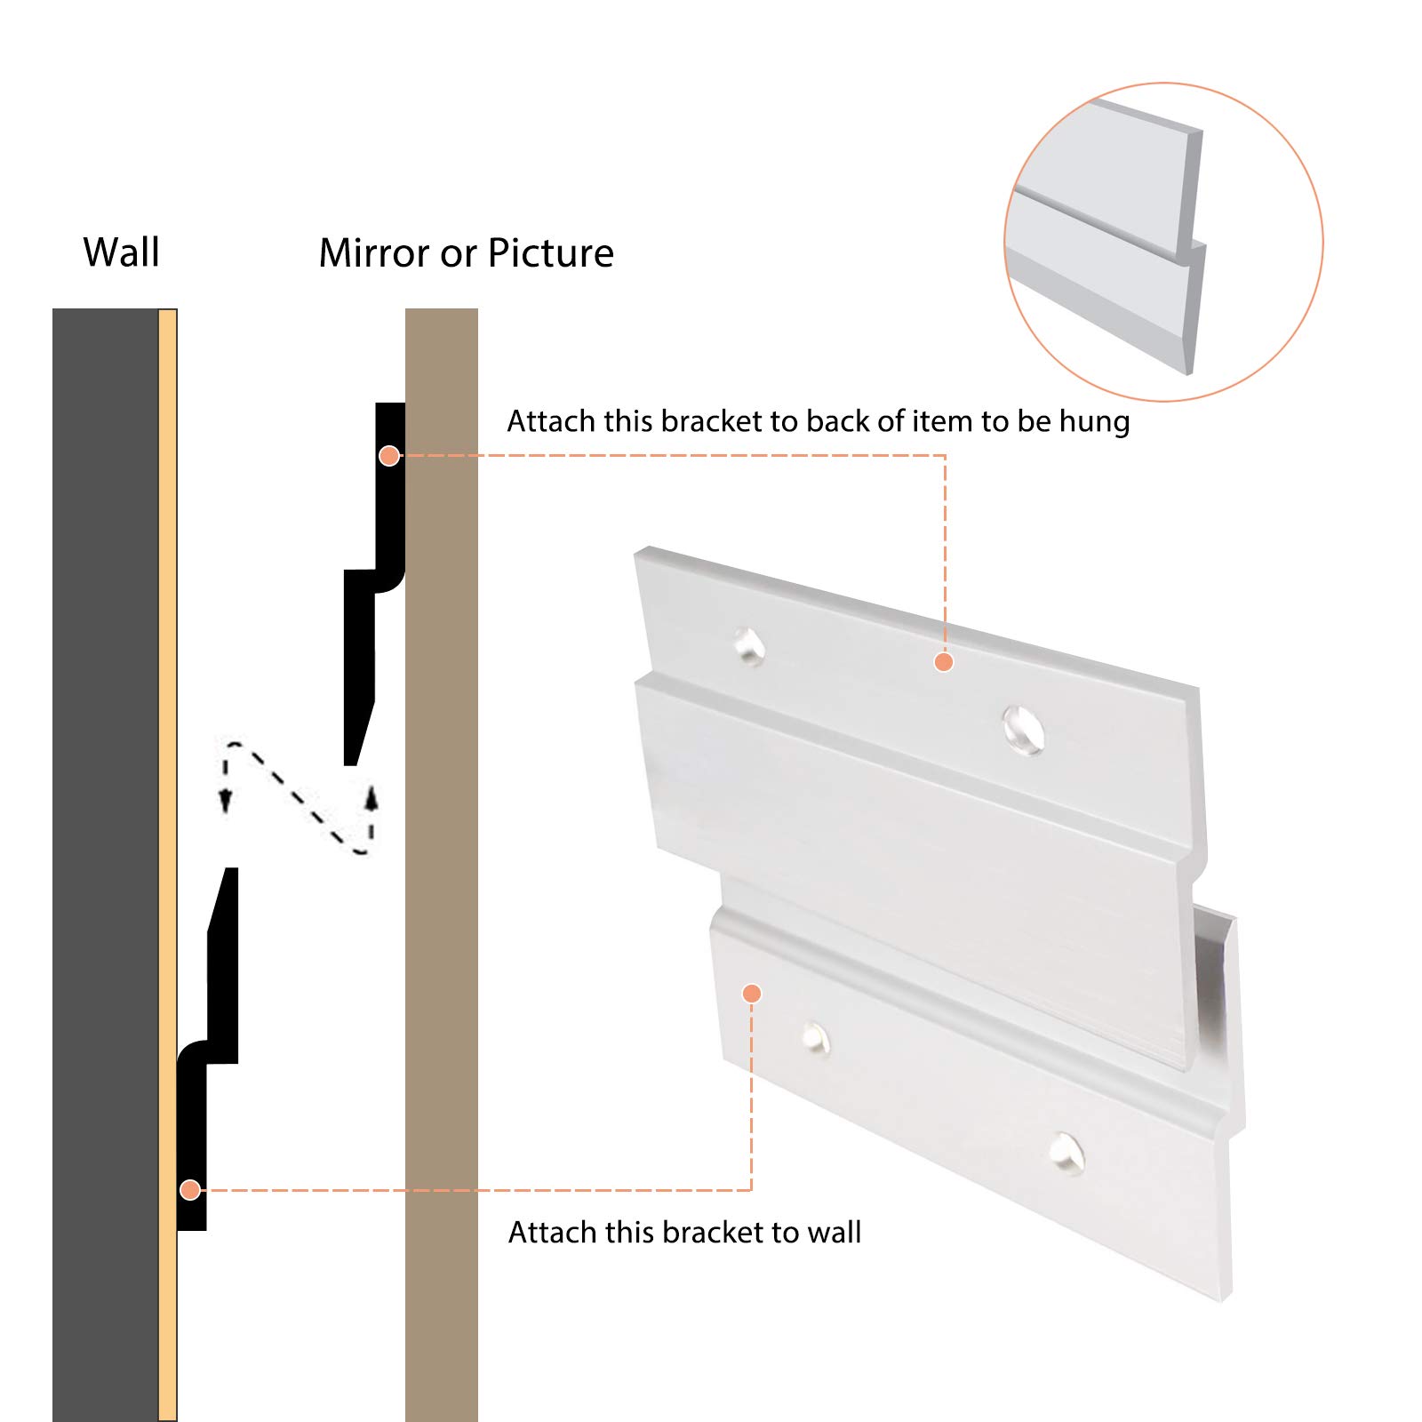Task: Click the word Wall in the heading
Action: [x=121, y=252]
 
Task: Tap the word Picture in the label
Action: [x=550, y=253]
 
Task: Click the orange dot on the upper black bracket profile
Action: [x=389, y=456]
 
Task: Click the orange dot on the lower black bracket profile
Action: [x=189, y=1189]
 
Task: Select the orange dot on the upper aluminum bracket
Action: [x=944, y=662]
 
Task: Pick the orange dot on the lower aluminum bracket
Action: [x=752, y=993]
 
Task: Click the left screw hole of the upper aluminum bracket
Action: [x=750, y=645]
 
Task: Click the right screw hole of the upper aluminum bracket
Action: [x=1024, y=729]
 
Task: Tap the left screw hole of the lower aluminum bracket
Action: [x=815, y=1037]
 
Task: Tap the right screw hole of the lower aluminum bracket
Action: [x=1066, y=1152]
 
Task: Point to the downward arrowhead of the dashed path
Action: [x=226, y=801]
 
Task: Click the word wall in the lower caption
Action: [x=834, y=1233]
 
